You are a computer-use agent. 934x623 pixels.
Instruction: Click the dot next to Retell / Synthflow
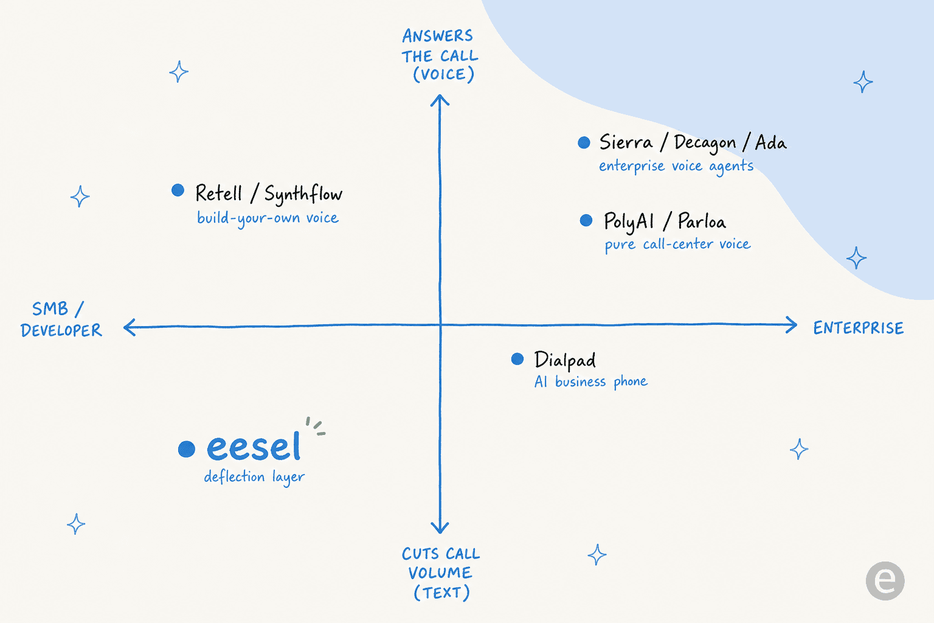click(x=178, y=190)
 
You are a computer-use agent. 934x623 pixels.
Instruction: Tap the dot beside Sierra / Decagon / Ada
click(x=584, y=143)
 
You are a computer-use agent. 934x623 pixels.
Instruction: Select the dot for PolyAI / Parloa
click(x=586, y=220)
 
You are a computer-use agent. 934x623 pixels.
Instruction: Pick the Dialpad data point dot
click(x=517, y=359)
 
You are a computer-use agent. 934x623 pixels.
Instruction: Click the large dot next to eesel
click(x=187, y=449)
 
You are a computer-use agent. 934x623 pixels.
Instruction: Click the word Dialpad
click(x=565, y=360)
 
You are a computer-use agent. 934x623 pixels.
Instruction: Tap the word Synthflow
click(x=303, y=194)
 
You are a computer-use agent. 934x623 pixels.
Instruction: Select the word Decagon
click(x=705, y=143)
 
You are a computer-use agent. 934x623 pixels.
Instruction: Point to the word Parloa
click(x=702, y=221)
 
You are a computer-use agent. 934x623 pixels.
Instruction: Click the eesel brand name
click(x=254, y=447)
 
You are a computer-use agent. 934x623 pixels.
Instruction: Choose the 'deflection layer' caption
click(x=254, y=477)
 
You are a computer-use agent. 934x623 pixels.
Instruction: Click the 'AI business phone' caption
click(x=591, y=381)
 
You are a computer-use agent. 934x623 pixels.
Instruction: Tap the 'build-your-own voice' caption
click(x=268, y=218)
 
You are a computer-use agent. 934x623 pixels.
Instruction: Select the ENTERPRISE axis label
click(x=859, y=328)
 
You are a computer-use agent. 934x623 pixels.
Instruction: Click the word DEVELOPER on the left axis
click(x=61, y=330)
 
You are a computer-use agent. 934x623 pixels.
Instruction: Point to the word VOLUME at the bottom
click(x=440, y=573)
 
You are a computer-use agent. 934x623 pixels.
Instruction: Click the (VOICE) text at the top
click(x=444, y=75)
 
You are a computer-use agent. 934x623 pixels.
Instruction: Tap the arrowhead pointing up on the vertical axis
click(x=440, y=100)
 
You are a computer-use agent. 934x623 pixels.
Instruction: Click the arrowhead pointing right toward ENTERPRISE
click(x=792, y=325)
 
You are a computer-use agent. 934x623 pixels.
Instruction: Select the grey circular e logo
click(x=885, y=581)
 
